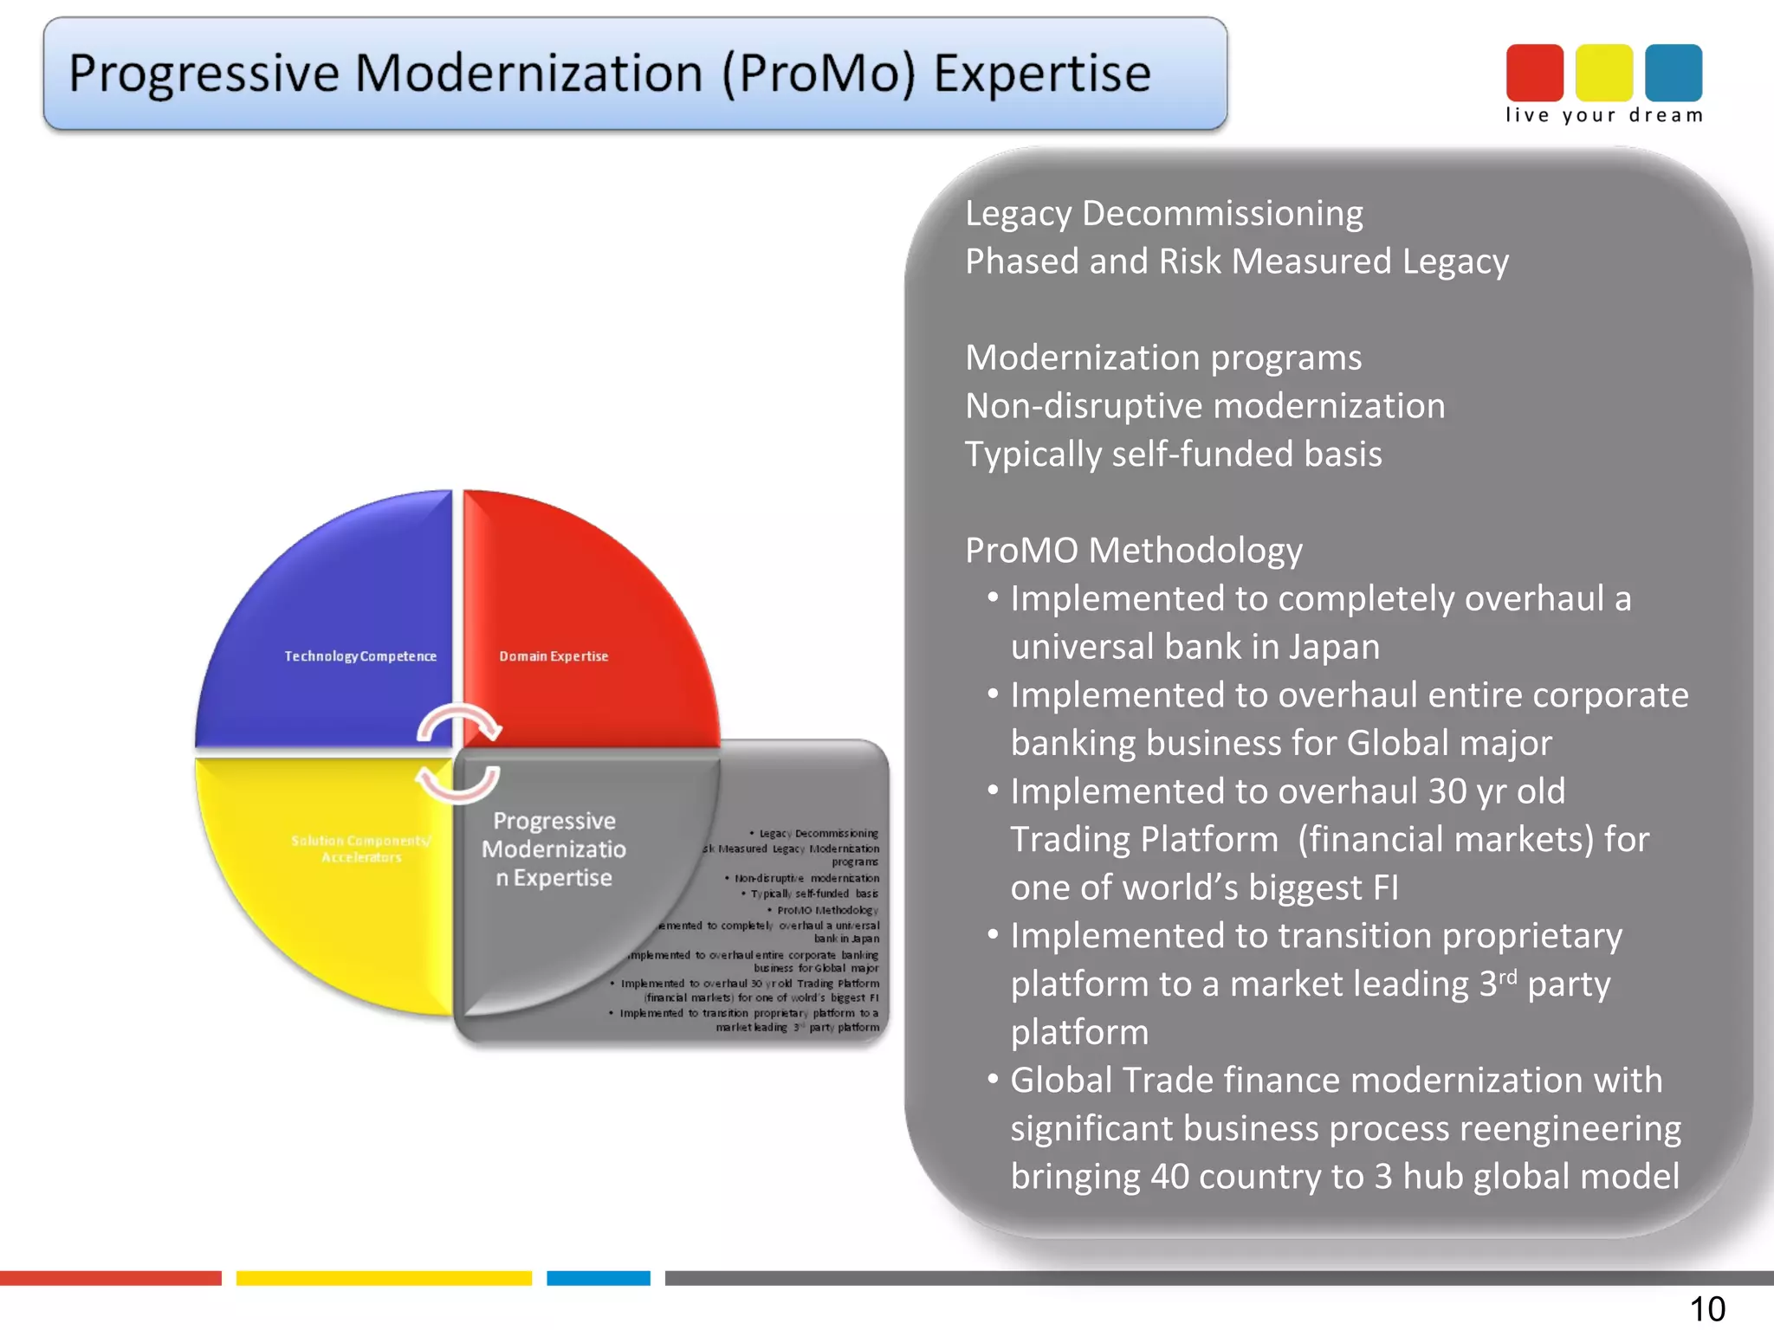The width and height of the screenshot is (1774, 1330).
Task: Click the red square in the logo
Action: pyautogui.click(x=1534, y=73)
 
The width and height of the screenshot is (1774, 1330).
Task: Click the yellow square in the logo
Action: pyautogui.click(x=1603, y=73)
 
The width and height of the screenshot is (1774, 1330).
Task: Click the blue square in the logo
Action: pyautogui.click(x=1673, y=73)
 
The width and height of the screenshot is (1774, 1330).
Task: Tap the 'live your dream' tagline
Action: pyautogui.click(x=1603, y=115)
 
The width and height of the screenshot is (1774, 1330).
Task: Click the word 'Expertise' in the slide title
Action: pyautogui.click(x=1041, y=74)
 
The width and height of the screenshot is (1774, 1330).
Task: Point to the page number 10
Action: pyautogui.click(x=1706, y=1308)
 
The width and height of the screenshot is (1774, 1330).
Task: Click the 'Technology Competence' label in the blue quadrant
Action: pyautogui.click(x=360, y=656)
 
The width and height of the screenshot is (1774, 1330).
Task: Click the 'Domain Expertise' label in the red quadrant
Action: pyautogui.click(x=554, y=656)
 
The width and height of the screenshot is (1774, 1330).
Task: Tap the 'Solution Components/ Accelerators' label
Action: pyautogui.click(x=361, y=849)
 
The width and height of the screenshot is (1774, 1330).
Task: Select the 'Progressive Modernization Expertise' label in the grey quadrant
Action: pyautogui.click(x=554, y=849)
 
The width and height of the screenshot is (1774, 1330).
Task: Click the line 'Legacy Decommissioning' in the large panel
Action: pyautogui.click(x=1163, y=214)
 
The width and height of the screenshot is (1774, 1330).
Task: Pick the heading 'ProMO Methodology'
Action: pyautogui.click(x=1133, y=551)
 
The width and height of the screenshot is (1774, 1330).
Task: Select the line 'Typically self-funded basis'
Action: pyautogui.click(x=1173, y=455)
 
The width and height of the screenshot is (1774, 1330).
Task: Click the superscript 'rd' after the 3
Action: pyautogui.click(x=1507, y=976)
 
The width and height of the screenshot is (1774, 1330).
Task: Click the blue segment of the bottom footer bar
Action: pyautogui.click(x=598, y=1278)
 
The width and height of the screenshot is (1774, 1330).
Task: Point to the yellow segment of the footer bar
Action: pyautogui.click(x=384, y=1278)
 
